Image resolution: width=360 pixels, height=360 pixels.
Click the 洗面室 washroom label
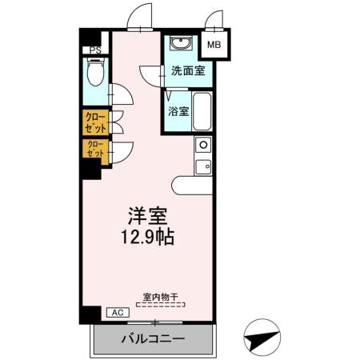click(187, 70)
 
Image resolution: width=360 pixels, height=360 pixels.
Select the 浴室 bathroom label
click(178, 111)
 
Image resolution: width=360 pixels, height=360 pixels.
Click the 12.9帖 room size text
click(148, 238)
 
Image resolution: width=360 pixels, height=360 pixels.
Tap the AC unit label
click(115, 313)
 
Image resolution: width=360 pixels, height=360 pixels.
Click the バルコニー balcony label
click(153, 338)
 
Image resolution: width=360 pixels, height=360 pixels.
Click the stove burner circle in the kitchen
click(203, 146)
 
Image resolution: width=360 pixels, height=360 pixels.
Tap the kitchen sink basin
click(203, 166)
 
